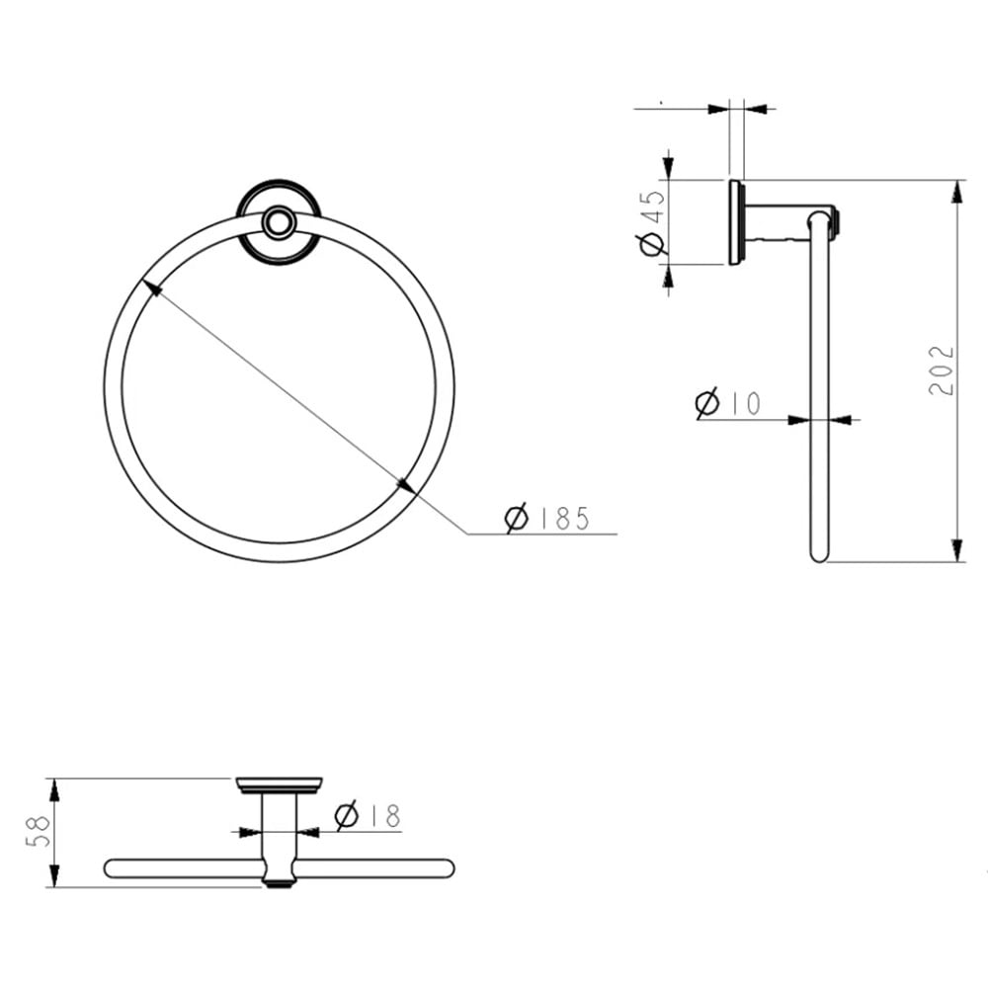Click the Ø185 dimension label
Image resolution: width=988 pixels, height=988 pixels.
click(547, 518)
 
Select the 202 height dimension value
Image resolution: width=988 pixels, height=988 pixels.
click(942, 370)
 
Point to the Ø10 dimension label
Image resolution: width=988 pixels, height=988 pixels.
click(728, 403)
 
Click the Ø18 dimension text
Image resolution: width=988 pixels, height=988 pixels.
click(368, 815)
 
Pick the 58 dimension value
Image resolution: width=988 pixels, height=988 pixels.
click(38, 831)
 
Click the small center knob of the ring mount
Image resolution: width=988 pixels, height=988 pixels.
click(278, 221)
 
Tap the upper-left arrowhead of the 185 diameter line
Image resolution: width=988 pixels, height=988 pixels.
click(152, 288)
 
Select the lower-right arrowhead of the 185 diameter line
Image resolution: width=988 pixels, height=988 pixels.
click(406, 485)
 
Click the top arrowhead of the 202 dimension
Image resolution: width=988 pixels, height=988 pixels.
click(957, 192)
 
